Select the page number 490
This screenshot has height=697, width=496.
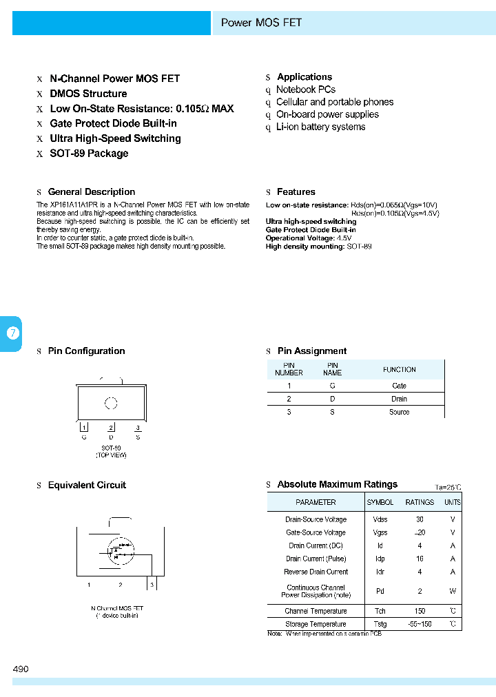click(21, 669)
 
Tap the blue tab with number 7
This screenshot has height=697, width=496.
click(12, 333)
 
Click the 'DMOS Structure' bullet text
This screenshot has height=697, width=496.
click(88, 94)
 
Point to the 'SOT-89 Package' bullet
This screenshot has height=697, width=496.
click(89, 154)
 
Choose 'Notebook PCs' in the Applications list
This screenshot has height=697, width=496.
click(305, 90)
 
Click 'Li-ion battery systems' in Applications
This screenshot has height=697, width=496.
click(320, 127)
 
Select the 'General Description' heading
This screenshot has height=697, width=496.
click(91, 192)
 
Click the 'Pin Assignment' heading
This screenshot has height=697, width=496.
click(311, 351)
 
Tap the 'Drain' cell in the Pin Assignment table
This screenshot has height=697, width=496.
click(399, 399)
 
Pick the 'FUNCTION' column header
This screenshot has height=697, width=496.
click(399, 369)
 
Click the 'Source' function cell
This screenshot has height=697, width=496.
click(399, 412)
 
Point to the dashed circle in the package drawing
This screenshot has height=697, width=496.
click(111, 404)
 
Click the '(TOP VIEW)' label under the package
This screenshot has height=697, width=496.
click(111, 455)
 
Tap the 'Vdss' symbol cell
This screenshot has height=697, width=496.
click(380, 519)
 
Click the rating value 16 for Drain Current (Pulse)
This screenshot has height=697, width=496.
click(420, 559)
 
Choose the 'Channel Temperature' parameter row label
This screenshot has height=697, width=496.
click(316, 611)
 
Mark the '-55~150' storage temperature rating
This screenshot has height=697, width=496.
click(420, 624)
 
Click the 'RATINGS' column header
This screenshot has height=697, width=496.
click(420, 502)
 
